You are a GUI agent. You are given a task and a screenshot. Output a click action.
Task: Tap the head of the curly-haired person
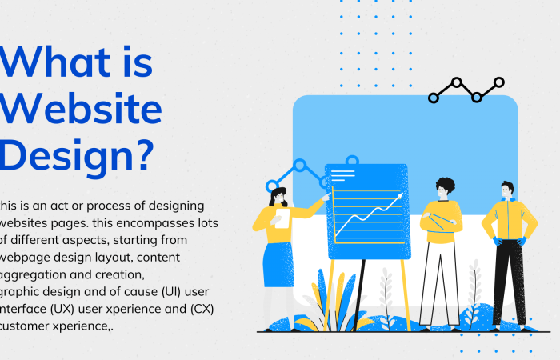(445, 188)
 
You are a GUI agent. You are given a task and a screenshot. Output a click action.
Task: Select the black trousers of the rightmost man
(509, 280)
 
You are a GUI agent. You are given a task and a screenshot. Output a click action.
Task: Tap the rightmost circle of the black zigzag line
(499, 82)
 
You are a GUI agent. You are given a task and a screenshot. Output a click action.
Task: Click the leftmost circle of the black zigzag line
(434, 98)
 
